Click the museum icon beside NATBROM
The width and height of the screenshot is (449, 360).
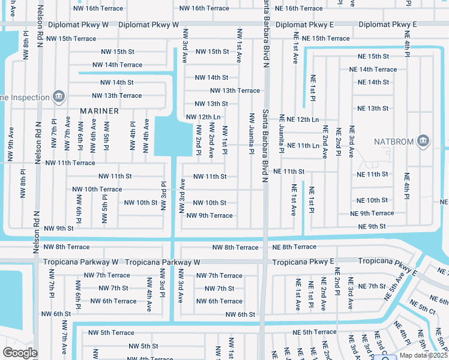click(423, 140)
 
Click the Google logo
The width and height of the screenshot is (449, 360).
click(19, 352)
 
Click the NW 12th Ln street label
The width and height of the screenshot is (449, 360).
click(203, 117)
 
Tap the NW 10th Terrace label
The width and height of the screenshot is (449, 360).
click(97, 190)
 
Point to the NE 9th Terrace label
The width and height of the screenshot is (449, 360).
click(372, 214)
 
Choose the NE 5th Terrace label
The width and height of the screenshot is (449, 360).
click(315, 332)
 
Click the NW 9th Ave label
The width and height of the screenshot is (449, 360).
click(10, 144)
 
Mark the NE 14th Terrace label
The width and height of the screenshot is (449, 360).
click(373, 70)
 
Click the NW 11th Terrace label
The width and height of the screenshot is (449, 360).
click(70, 163)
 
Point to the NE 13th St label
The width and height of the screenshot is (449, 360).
click(373, 109)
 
